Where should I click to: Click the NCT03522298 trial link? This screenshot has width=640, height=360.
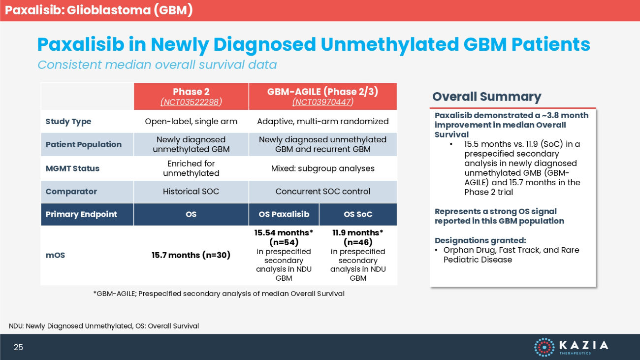pyautogui.click(x=191, y=102)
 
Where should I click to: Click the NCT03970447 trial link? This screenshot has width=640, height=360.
pyautogui.click(x=322, y=102)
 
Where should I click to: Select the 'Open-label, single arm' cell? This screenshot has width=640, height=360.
pyautogui.click(x=191, y=122)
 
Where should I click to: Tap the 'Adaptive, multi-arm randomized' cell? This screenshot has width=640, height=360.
pyautogui.click(x=322, y=122)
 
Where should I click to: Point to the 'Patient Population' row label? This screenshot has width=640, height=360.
pyautogui.click(x=83, y=145)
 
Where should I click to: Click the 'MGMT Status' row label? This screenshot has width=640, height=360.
pyautogui.click(x=72, y=168)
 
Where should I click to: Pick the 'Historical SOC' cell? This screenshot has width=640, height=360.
pyautogui.click(x=191, y=192)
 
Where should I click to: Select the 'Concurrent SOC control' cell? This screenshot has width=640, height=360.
pyautogui.click(x=322, y=192)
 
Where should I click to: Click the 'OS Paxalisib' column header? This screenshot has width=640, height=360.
pyautogui.click(x=284, y=214)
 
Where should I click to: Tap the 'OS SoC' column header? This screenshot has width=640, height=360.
pyautogui.click(x=358, y=214)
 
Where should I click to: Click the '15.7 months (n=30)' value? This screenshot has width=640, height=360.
pyautogui.click(x=191, y=255)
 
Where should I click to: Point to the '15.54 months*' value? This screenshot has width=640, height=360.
pyautogui.click(x=284, y=233)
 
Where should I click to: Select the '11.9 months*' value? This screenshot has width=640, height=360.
pyautogui.click(x=358, y=233)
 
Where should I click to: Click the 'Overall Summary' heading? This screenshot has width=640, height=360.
pyautogui.click(x=486, y=97)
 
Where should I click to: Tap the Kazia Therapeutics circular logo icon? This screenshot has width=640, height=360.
pyautogui.click(x=544, y=347)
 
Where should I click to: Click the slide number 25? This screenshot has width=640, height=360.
pyautogui.click(x=18, y=347)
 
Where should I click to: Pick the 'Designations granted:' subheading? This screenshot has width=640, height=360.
pyautogui.click(x=480, y=240)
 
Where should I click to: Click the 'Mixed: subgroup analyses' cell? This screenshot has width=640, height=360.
pyautogui.click(x=322, y=168)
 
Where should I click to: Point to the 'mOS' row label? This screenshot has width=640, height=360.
pyautogui.click(x=55, y=255)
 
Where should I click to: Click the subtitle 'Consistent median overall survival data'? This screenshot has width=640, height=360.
pyautogui.click(x=157, y=65)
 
